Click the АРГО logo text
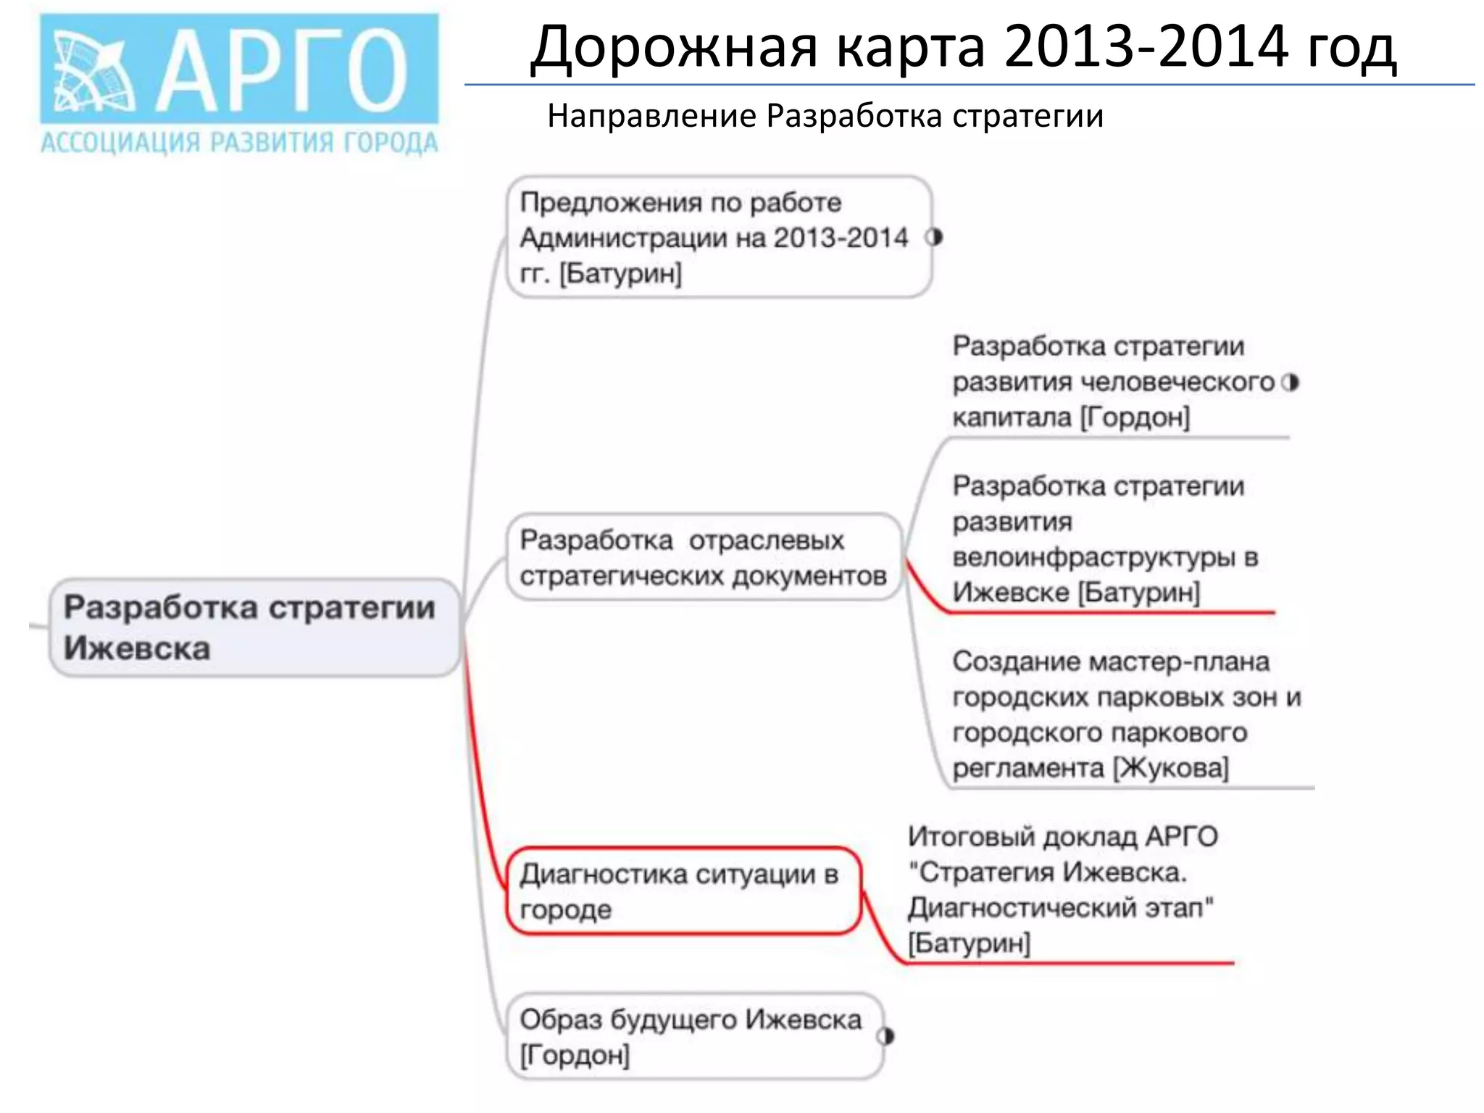[283, 71]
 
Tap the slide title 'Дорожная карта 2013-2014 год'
[963, 47]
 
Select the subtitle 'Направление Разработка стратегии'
[825, 116]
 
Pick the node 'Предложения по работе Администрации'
[717, 237]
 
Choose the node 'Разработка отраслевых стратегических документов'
[703, 557]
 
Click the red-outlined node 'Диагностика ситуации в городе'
[681, 891]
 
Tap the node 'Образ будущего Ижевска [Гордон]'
[692, 1036]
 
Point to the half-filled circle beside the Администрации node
[935, 237]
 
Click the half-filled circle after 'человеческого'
[1290, 382]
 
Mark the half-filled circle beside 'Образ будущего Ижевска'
[886, 1036]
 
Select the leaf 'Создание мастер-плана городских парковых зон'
[1127, 714]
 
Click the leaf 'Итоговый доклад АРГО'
[1062, 890]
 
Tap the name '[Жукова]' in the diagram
[1171, 767]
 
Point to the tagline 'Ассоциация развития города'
[239, 143]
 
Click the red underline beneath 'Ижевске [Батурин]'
[1109, 613]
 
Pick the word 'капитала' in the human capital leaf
[1012, 417]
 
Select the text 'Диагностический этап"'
[1061, 907]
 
